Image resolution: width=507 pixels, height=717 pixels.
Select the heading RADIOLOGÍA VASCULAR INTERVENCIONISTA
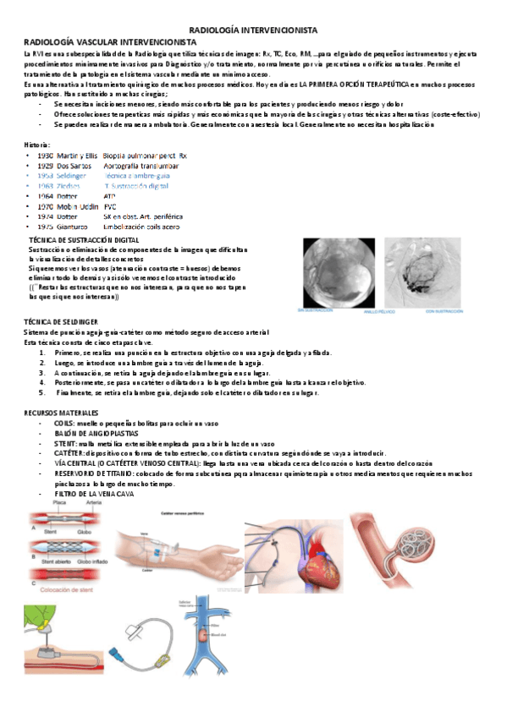coord(108,41)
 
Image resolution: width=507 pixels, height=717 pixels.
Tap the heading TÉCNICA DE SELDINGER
coord(61,322)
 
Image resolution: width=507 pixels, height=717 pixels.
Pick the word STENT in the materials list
coord(64,443)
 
